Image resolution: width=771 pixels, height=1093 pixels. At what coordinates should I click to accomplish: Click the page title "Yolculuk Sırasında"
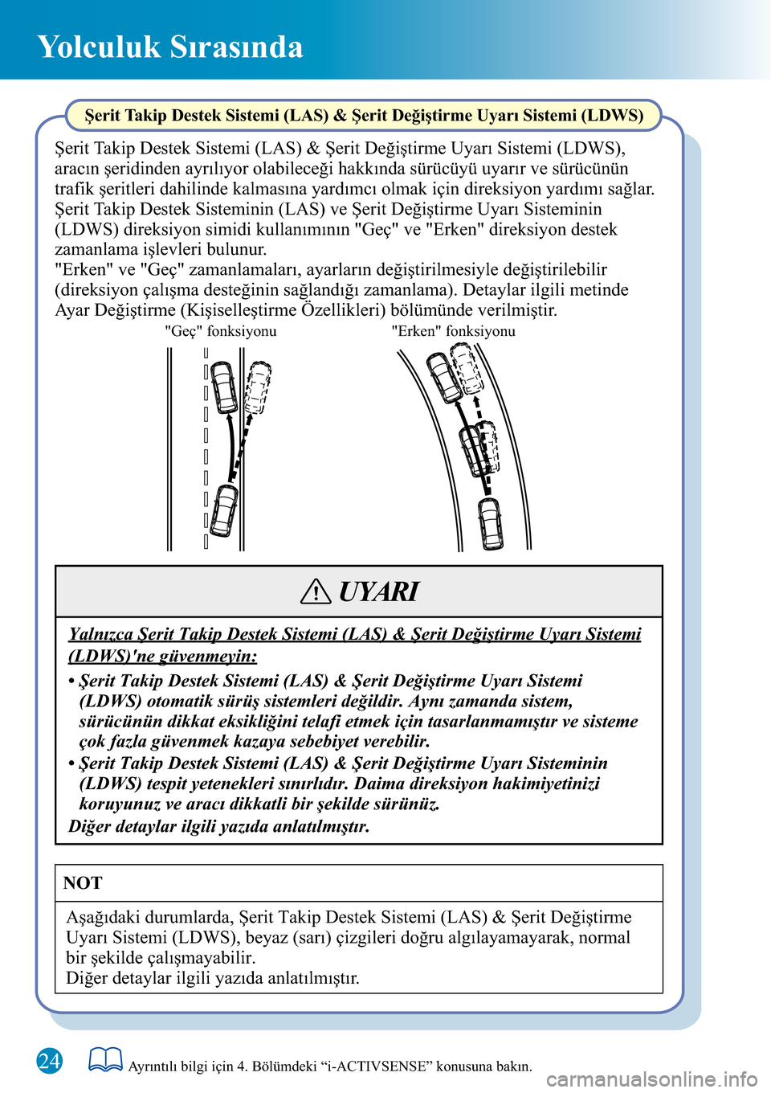[x=169, y=47]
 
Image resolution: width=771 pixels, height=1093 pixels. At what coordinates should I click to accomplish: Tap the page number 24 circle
[x=49, y=1061]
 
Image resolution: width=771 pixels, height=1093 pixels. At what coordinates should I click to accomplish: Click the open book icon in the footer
[x=105, y=1058]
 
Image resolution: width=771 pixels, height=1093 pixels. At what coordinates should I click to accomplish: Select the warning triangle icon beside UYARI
[x=316, y=592]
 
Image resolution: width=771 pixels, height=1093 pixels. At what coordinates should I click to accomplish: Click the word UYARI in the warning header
[x=378, y=592]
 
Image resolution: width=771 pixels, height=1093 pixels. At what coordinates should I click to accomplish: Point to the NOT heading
[x=83, y=882]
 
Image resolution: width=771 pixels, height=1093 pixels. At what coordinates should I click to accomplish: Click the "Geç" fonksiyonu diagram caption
[x=221, y=331]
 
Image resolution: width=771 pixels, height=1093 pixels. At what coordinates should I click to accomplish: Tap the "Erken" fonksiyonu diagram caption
[x=454, y=331]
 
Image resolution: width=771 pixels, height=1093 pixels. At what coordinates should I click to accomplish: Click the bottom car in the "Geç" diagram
[x=224, y=510]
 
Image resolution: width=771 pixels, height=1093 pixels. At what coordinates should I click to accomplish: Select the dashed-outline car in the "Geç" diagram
[x=258, y=388]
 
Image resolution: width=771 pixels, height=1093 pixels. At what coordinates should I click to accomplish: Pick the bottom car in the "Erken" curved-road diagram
[x=491, y=523]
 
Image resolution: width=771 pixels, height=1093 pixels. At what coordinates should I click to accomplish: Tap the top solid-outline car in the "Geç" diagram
[x=224, y=387]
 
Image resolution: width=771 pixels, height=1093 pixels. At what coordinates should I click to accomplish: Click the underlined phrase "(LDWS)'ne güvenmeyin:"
[x=163, y=657]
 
